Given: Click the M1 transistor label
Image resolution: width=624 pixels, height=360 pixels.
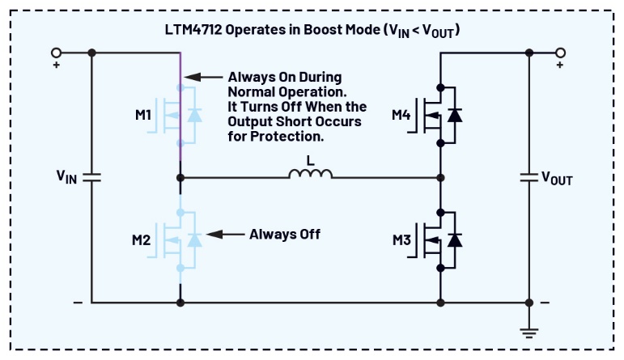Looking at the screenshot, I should click(x=142, y=115).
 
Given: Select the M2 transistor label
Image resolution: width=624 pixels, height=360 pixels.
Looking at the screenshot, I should click(x=142, y=239).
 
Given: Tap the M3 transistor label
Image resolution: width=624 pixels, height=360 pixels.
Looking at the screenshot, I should click(x=401, y=239).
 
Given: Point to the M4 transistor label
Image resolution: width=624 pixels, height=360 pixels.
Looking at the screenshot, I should click(x=401, y=115).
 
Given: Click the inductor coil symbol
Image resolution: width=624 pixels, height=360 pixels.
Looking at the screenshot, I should click(x=311, y=174).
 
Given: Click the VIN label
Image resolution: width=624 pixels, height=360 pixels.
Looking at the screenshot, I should click(x=66, y=177).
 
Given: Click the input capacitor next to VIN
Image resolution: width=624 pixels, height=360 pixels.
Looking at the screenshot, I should click(x=91, y=177).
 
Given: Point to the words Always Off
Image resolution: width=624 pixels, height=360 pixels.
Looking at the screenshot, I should click(x=285, y=235).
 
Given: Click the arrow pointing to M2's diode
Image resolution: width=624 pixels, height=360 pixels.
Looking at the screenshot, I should click(x=225, y=235).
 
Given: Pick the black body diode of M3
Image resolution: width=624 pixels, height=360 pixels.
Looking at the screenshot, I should click(x=456, y=239).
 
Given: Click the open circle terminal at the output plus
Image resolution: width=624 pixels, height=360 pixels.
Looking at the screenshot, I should click(x=559, y=53).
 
